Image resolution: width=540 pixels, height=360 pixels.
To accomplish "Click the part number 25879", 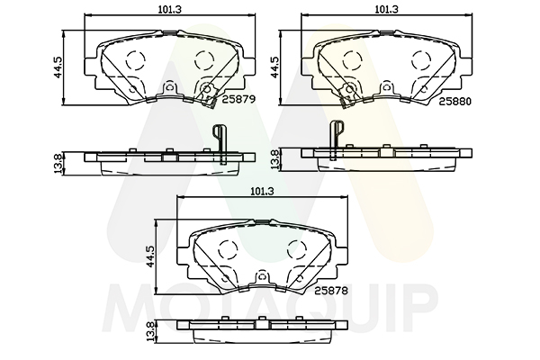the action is [238, 100].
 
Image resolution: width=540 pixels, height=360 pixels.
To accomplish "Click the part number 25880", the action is [454, 102].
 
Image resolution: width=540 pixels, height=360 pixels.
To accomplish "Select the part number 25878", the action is [331, 291].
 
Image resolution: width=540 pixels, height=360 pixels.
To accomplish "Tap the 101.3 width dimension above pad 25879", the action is [170, 9].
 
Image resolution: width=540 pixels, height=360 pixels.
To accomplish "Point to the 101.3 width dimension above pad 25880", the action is [386, 9].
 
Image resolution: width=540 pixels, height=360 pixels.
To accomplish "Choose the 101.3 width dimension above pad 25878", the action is [262, 192].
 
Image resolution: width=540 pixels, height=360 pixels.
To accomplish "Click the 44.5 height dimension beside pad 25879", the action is [58, 67].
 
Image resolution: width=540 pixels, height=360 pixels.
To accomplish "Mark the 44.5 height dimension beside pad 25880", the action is [274, 67].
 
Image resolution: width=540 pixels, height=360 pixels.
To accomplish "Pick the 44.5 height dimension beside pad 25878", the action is [150, 256].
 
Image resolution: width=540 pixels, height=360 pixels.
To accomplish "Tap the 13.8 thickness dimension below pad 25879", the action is [58, 163].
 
